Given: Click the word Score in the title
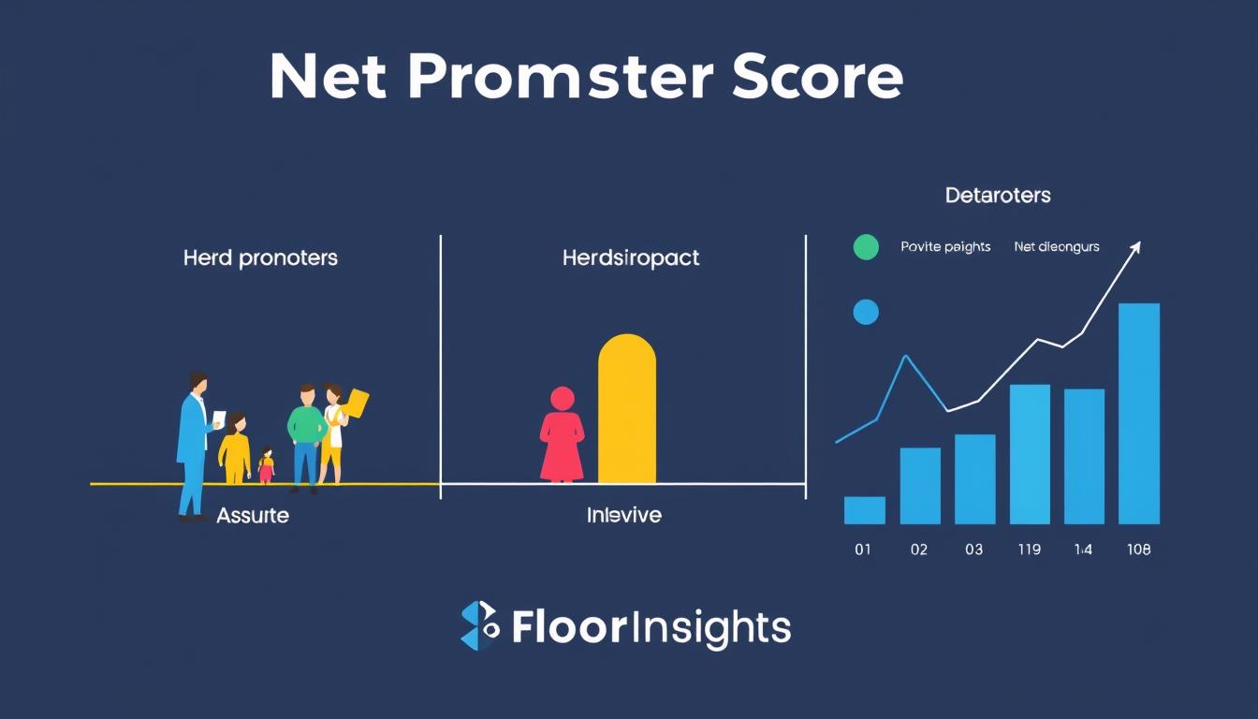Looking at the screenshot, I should tap(817, 79).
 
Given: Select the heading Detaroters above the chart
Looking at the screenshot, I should tap(998, 196).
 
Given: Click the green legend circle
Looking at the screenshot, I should tap(867, 247).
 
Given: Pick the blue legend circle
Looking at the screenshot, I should tap(867, 313).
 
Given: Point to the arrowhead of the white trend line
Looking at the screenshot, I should tap(1136, 246).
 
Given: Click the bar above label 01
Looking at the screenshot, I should tap(864, 510).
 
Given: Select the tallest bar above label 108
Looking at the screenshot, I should tap(1138, 414).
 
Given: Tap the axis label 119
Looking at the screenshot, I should tap(1028, 550).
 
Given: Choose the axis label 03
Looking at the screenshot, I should tap(973, 550).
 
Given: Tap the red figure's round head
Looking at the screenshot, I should tap(563, 399).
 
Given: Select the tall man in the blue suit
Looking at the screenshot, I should tap(194, 445).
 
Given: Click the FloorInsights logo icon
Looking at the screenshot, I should tap(480, 626).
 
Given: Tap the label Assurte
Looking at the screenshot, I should tap(253, 515).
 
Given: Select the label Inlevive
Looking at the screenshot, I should tap(623, 515).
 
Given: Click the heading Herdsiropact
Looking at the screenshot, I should tap(631, 258).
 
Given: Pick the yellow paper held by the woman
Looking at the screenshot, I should tap(357, 404).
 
